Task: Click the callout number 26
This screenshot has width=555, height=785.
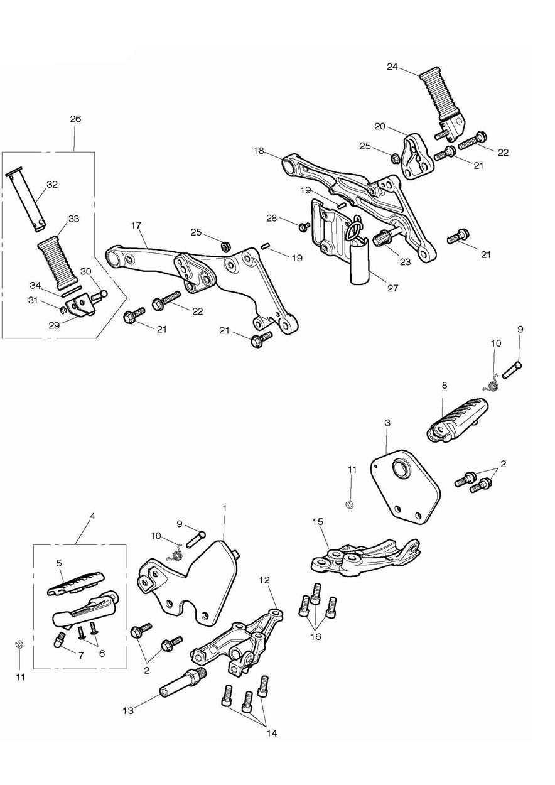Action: (x=75, y=119)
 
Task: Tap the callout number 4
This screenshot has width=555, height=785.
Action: (x=92, y=516)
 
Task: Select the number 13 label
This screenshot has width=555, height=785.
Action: (x=127, y=710)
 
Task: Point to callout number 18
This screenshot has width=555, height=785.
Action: (x=259, y=151)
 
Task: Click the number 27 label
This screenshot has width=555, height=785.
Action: (x=392, y=288)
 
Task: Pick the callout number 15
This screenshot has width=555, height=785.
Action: (x=318, y=521)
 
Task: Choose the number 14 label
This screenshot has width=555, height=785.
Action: (x=271, y=732)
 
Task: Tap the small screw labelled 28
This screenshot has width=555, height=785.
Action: (x=304, y=225)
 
